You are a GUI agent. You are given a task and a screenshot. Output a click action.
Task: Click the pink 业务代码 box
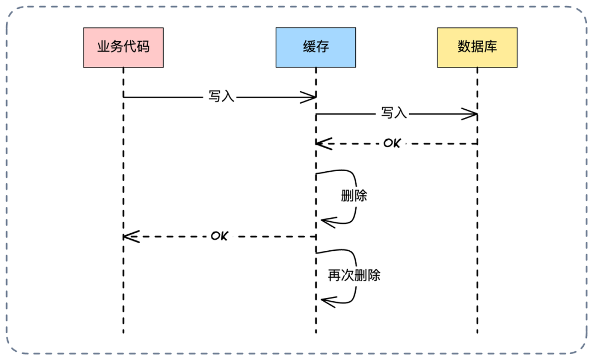(x=124, y=48)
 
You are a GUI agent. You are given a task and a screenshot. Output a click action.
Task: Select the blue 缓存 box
(x=315, y=48)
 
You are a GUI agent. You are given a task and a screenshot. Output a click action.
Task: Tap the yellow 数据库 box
(x=477, y=48)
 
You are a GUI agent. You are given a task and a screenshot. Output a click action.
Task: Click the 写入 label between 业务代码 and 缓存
(x=221, y=97)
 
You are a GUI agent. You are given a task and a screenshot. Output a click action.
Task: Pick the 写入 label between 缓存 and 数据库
(x=394, y=113)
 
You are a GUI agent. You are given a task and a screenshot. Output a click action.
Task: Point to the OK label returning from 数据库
(x=392, y=143)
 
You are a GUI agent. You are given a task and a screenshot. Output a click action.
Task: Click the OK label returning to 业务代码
(x=219, y=236)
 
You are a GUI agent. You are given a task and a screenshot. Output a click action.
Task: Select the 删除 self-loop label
(x=354, y=195)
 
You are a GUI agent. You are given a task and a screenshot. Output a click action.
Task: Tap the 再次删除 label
(x=354, y=275)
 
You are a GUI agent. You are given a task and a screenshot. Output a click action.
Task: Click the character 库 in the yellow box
(x=490, y=47)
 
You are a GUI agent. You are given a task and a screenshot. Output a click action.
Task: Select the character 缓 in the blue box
(x=309, y=47)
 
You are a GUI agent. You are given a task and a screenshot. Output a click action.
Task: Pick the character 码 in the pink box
(x=143, y=47)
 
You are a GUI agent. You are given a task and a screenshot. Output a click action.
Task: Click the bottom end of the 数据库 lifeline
(x=477, y=333)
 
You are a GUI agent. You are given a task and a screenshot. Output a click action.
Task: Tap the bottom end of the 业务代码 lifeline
(x=124, y=333)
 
